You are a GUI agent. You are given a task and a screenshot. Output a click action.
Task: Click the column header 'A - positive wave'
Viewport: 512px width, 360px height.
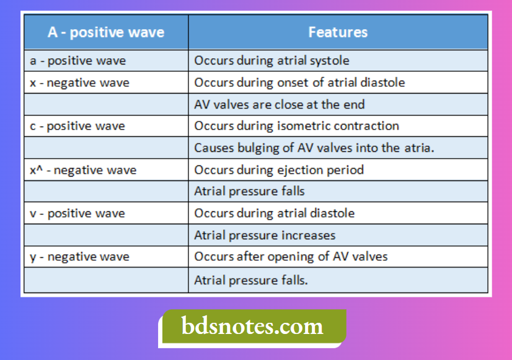106,32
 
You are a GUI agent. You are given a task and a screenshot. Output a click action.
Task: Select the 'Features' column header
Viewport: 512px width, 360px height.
338,32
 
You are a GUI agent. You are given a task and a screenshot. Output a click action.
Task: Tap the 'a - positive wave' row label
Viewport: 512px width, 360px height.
77,61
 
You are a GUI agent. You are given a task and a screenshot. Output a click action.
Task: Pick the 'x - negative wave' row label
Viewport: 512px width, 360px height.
79,82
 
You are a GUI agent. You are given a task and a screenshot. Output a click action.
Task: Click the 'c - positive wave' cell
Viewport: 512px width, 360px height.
77,126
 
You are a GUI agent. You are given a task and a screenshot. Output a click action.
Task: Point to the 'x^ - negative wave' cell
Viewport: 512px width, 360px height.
83,170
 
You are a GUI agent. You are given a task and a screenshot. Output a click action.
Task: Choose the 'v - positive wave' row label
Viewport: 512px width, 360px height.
77,213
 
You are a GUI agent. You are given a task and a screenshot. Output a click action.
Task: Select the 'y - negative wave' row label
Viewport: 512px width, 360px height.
79,257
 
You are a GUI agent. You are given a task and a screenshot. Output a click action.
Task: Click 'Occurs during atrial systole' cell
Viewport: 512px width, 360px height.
271,61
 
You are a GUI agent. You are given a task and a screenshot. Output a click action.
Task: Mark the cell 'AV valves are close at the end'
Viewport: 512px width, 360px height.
280,104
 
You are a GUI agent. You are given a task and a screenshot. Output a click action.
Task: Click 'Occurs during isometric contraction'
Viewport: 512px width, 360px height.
296,126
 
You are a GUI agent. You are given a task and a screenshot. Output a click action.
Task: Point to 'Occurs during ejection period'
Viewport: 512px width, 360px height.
279,170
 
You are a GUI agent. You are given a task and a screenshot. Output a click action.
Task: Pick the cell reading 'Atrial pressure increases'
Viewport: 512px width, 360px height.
265,235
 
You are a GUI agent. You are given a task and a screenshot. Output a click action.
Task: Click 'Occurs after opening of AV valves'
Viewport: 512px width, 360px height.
291,257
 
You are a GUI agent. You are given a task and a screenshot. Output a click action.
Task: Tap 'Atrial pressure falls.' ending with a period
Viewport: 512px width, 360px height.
251,279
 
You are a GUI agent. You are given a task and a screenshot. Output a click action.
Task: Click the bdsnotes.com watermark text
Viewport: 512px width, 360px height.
252,326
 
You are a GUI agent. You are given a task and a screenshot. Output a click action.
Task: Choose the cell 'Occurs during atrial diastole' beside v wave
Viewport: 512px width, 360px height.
275,213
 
